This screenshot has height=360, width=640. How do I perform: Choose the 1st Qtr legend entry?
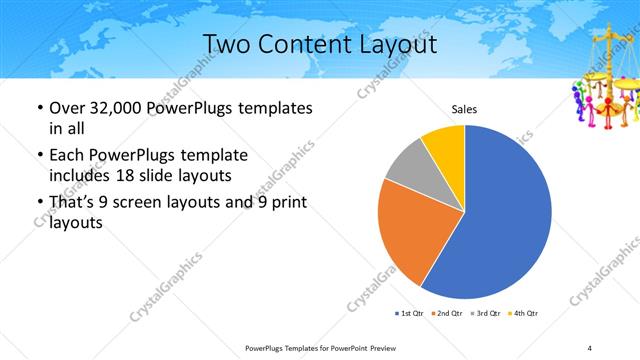coord(410,314)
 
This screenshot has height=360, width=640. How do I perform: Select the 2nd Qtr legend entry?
coord(446,314)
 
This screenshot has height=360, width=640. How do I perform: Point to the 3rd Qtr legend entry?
coord(484,314)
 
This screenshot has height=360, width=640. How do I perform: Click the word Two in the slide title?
coord(225,44)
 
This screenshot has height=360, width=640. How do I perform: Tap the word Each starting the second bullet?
coord(68,155)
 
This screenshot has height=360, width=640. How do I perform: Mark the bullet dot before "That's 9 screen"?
coord(39,204)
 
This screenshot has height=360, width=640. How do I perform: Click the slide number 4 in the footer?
coord(590,347)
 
